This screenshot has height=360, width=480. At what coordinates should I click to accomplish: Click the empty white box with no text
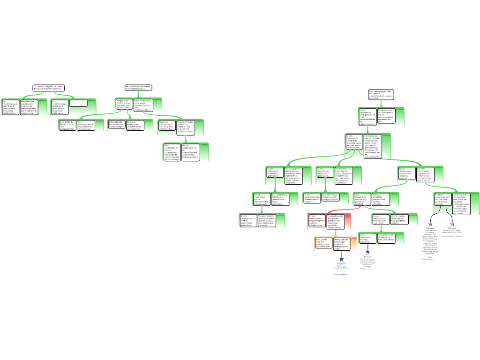click(78, 103)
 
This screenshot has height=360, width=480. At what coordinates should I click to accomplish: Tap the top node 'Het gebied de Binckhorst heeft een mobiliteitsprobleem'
click(138, 88)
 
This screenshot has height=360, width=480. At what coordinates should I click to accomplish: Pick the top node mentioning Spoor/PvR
click(381, 95)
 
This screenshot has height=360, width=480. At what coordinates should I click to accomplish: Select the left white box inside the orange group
click(323, 243)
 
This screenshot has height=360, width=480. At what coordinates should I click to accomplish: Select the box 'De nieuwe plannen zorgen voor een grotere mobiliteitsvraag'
click(166, 127)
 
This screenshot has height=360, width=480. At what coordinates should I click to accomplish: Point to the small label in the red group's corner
click(347, 217)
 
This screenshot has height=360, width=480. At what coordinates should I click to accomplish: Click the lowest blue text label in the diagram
click(340, 275)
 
